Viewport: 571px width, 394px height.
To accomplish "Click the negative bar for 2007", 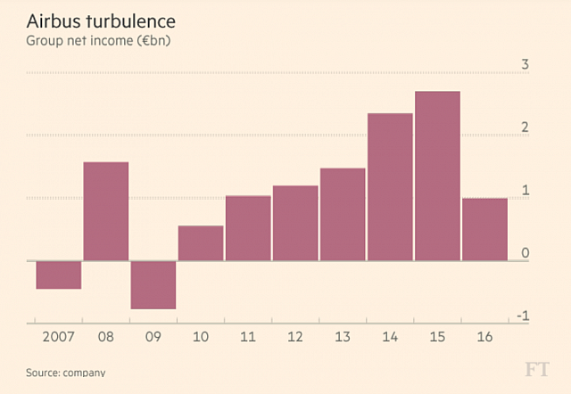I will [x=59, y=275].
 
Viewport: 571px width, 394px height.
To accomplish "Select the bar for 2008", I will [x=106, y=211].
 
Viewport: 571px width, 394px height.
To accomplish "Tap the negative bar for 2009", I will [x=153, y=284].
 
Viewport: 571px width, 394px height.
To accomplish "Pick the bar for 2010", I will [x=201, y=243].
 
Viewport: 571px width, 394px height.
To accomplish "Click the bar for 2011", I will [x=248, y=228].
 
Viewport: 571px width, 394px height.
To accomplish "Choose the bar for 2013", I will [x=343, y=214].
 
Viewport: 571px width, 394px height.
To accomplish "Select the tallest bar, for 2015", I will [x=437, y=176].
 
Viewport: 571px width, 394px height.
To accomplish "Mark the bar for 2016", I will [x=484, y=229].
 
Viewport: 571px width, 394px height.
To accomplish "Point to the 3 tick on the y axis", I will [x=525, y=64].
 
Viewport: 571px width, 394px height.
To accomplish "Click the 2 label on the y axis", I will [x=525, y=127].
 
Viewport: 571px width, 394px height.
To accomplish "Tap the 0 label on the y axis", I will [x=525, y=253].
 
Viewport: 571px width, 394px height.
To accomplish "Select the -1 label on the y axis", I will [x=524, y=316].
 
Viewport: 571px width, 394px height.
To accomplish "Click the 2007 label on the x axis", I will [x=58, y=338].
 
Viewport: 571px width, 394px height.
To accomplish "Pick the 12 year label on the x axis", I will [x=295, y=338].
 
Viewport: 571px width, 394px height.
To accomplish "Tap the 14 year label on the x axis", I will [x=390, y=338].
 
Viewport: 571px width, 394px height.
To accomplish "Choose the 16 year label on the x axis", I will [x=484, y=338].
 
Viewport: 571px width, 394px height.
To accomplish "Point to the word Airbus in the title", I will [x=53, y=20].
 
